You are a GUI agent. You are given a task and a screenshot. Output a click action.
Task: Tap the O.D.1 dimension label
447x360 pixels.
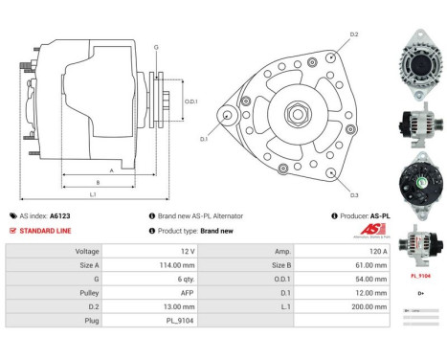(190, 101)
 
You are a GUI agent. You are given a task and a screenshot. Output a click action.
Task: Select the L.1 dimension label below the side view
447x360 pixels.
(93, 195)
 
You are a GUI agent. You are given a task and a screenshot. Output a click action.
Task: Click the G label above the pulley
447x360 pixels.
(156, 46)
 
